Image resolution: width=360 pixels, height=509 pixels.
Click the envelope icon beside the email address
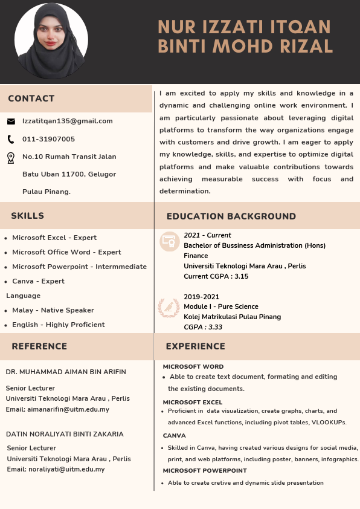coord(11,121)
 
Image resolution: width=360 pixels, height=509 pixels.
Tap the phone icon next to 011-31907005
coord(11,139)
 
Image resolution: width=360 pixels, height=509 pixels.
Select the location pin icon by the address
coord(11,158)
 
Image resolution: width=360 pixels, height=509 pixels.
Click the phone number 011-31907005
coord(48,139)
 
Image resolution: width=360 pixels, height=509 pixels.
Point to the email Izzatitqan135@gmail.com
coord(68,121)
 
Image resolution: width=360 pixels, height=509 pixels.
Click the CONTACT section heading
coord(31,99)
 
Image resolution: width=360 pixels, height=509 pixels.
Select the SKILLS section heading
coord(27,216)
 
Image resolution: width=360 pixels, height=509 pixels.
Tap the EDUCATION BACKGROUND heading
coord(231,216)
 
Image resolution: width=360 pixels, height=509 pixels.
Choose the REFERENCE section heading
coord(39,346)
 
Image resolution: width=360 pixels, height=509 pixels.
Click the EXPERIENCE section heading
coord(195,346)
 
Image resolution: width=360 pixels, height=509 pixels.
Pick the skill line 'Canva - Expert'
coord(38,281)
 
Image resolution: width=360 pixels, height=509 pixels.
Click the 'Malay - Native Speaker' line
coord(53,310)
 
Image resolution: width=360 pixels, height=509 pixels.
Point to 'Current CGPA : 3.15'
coord(216,276)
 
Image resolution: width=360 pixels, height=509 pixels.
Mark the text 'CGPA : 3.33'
coord(203,327)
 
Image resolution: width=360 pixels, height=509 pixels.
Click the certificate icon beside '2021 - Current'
coord(169,242)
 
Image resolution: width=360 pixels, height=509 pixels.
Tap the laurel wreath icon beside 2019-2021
coord(169,308)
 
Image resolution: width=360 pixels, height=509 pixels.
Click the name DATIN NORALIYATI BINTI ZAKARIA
coord(65,434)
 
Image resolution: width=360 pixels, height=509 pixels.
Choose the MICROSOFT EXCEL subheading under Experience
coord(193,402)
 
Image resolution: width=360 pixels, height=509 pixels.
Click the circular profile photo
coord(51,41)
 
